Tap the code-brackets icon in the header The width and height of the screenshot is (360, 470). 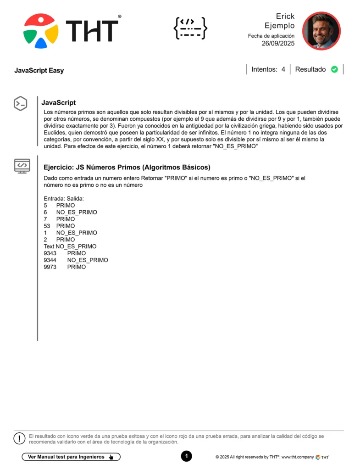(x=190, y=28)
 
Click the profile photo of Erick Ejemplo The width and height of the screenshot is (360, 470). (x=321, y=31)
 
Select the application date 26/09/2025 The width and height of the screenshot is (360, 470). (x=278, y=44)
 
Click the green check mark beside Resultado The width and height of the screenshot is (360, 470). (x=334, y=69)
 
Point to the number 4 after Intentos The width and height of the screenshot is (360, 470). (x=283, y=69)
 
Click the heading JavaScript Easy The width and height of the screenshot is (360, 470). (x=39, y=71)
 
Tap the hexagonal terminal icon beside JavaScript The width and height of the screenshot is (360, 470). (x=20, y=104)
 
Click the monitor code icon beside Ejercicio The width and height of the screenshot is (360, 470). (x=22, y=165)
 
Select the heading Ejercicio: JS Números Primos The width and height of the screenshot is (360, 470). (x=127, y=167)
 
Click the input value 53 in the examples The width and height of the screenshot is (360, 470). (x=47, y=226)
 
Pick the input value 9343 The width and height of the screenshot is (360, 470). (x=50, y=253)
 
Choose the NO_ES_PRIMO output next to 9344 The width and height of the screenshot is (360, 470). (x=88, y=260)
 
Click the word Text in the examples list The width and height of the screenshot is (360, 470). (x=49, y=246)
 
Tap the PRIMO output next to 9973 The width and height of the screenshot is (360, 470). (x=76, y=267)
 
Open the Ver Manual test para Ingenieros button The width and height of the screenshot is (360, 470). (x=71, y=457)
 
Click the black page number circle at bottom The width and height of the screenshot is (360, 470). (x=186, y=456)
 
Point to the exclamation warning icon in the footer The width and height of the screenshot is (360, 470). (x=19, y=438)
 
